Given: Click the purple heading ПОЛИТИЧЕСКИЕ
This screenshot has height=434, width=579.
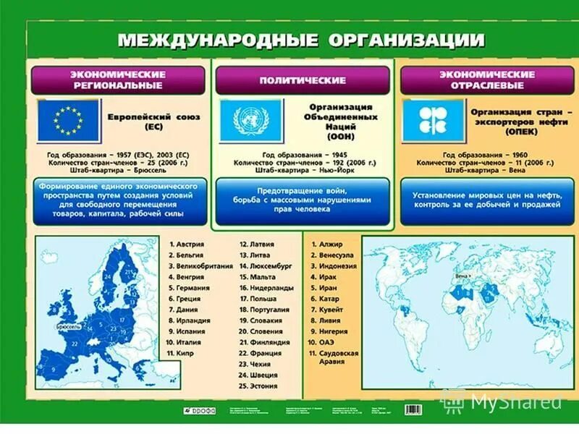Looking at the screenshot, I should (x=302, y=79).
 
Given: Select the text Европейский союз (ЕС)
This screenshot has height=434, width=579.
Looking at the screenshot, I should (x=153, y=121).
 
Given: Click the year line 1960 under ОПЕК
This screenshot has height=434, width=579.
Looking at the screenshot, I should (x=486, y=155).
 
